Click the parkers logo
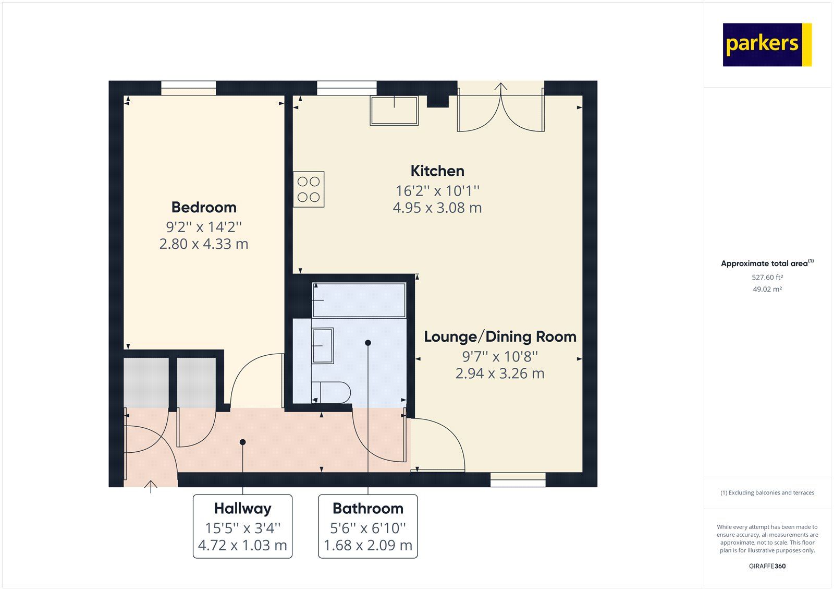(767, 44)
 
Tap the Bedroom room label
(204, 207)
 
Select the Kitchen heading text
(437, 171)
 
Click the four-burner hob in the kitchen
(309, 189)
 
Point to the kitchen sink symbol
(394, 110)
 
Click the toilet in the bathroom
(332, 392)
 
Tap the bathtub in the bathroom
(359, 300)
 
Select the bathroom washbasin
(322, 345)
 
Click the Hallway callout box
(242, 526)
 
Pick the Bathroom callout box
(368, 526)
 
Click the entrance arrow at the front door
(151, 486)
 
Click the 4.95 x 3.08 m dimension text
(437, 208)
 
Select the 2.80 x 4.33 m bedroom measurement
(204, 244)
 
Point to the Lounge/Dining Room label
(500, 336)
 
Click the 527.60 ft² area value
(767, 278)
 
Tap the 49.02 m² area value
(767, 289)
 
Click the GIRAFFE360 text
(767, 566)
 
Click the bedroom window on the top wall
(188, 88)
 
